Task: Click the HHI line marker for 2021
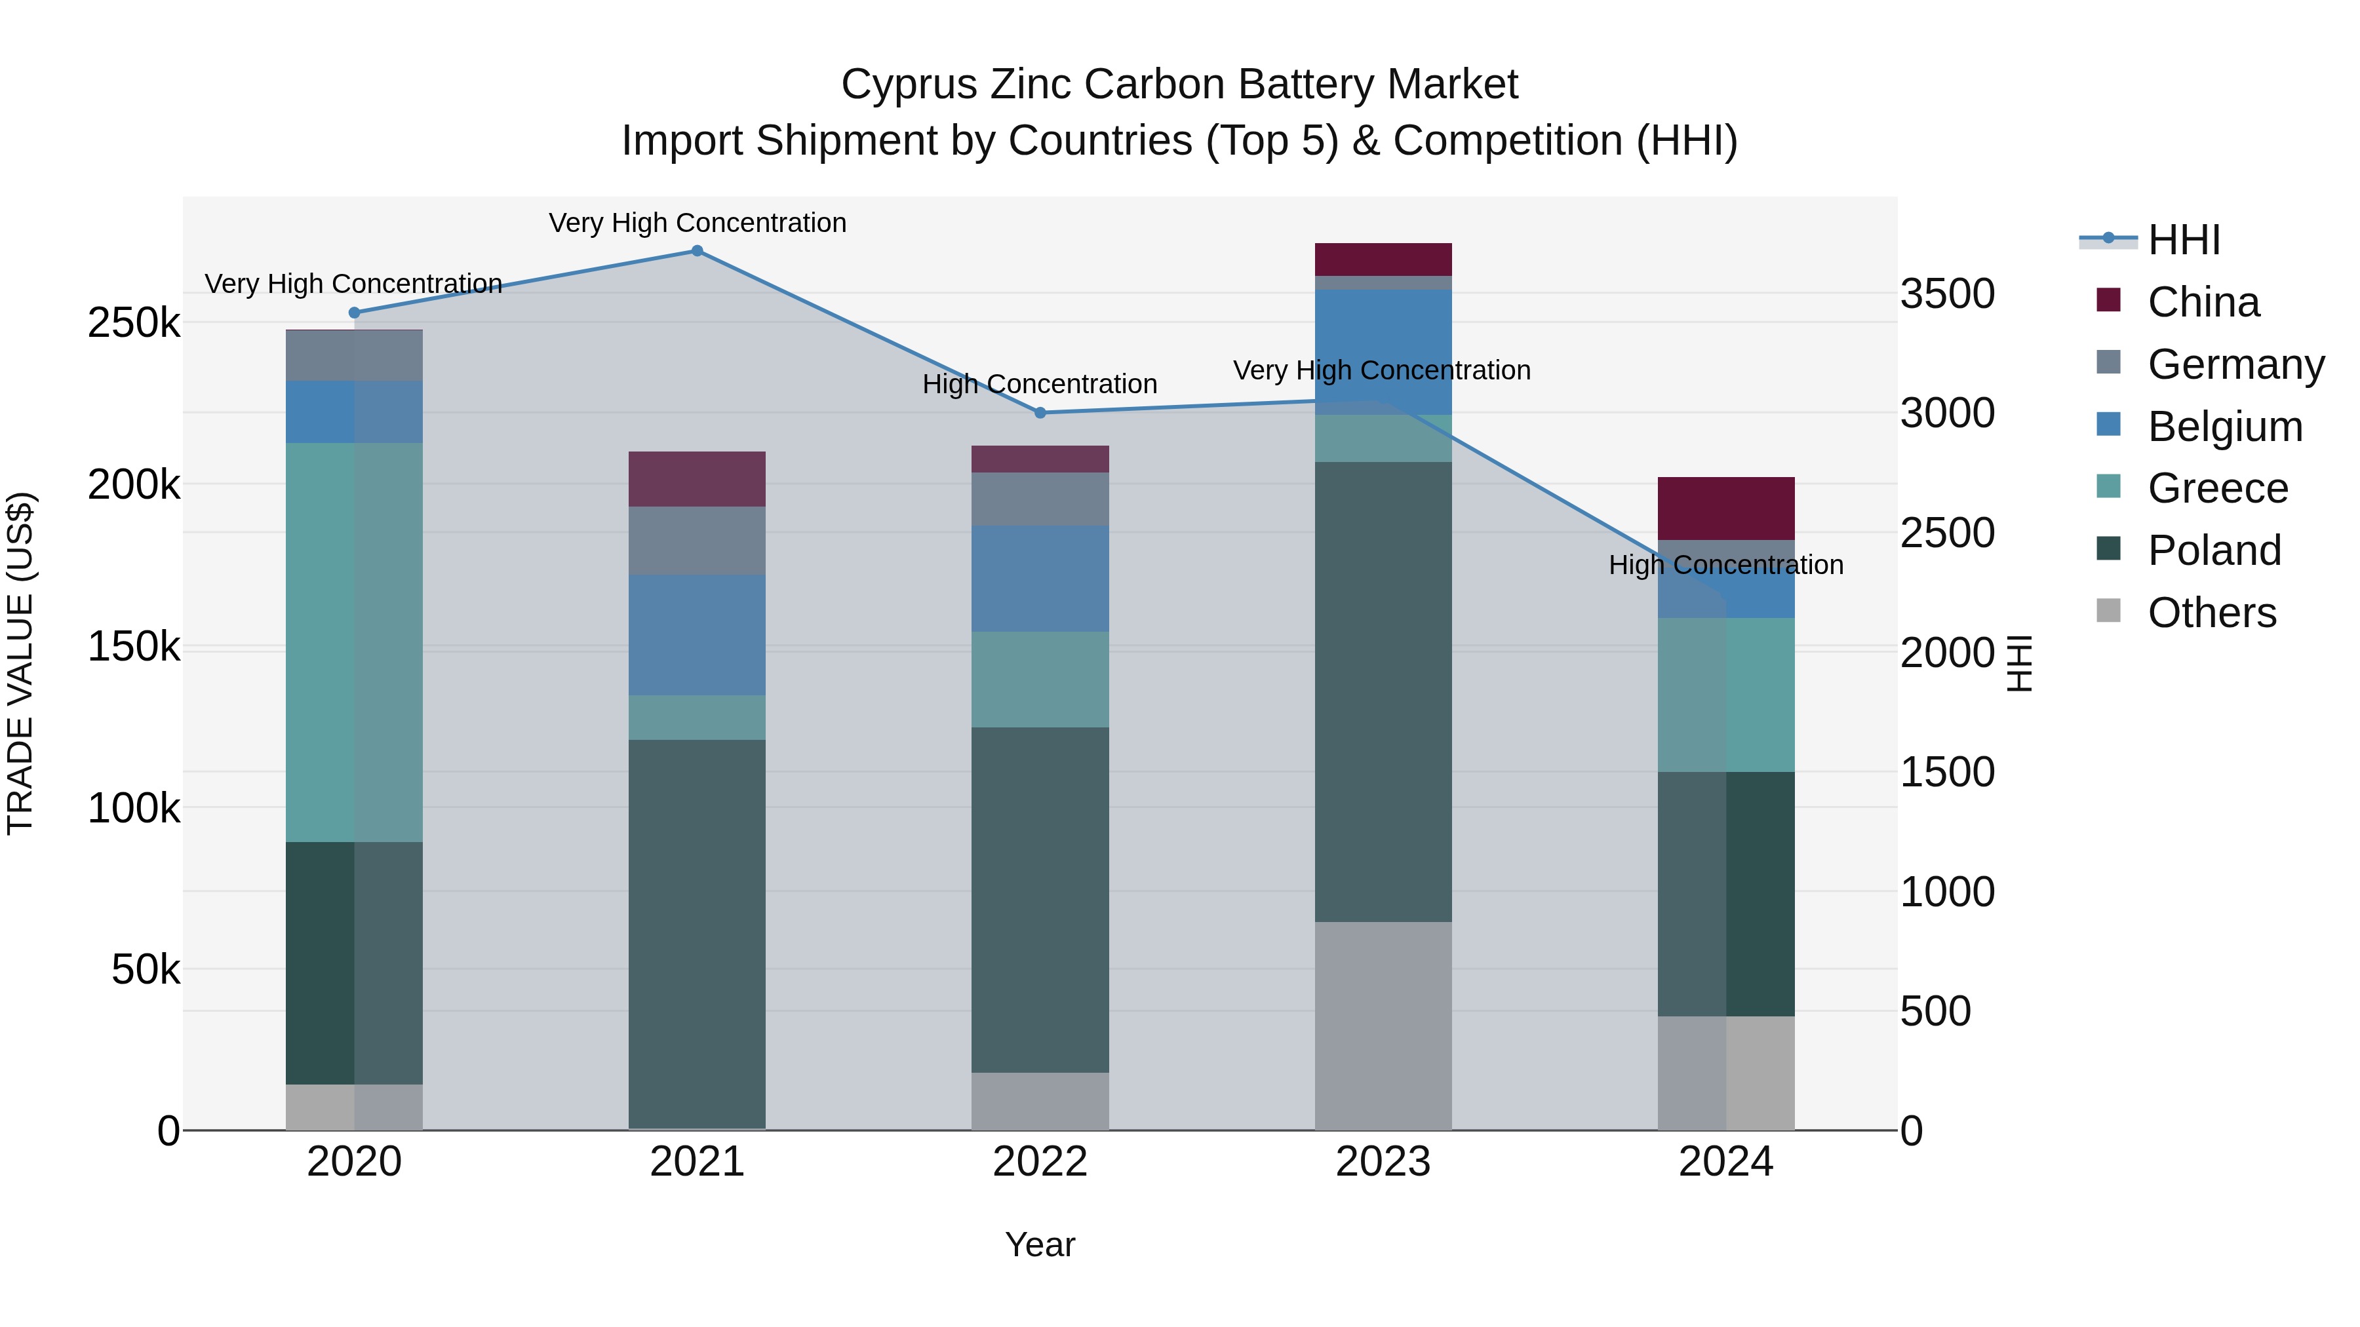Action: click(698, 251)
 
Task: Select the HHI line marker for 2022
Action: click(1040, 413)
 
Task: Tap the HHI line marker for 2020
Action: click(355, 313)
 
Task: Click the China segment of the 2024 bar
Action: click(1726, 509)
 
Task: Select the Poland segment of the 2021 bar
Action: click(698, 934)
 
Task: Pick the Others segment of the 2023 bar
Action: click(1383, 1026)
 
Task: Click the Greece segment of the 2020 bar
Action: click(355, 641)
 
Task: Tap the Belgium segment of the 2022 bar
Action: click(1040, 578)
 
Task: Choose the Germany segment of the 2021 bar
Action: click(698, 541)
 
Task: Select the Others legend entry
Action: click(2212, 613)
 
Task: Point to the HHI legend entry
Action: click(2184, 240)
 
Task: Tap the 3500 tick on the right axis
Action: click(1947, 294)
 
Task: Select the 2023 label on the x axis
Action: click(1383, 1162)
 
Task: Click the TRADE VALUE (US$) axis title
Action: click(20, 663)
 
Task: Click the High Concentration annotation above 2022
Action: click(1040, 384)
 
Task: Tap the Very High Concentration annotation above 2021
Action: click(698, 223)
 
